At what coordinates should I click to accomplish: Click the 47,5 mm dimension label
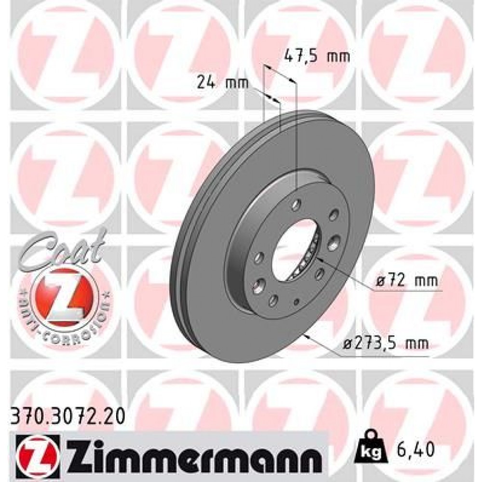(315, 57)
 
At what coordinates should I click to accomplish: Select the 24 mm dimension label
(222, 82)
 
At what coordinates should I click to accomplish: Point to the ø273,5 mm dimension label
(394, 343)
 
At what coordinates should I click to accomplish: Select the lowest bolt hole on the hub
(273, 300)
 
